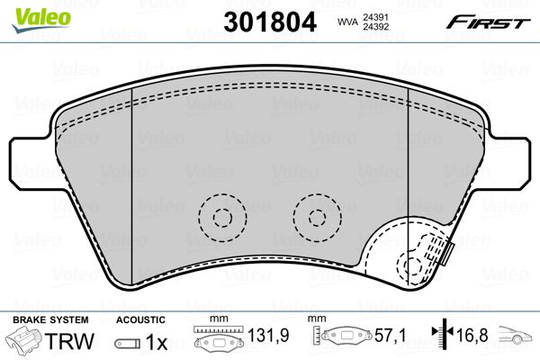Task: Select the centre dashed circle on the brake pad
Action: pos(316,216)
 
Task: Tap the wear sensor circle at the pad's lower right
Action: pos(414,266)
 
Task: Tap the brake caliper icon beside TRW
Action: pos(25,342)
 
